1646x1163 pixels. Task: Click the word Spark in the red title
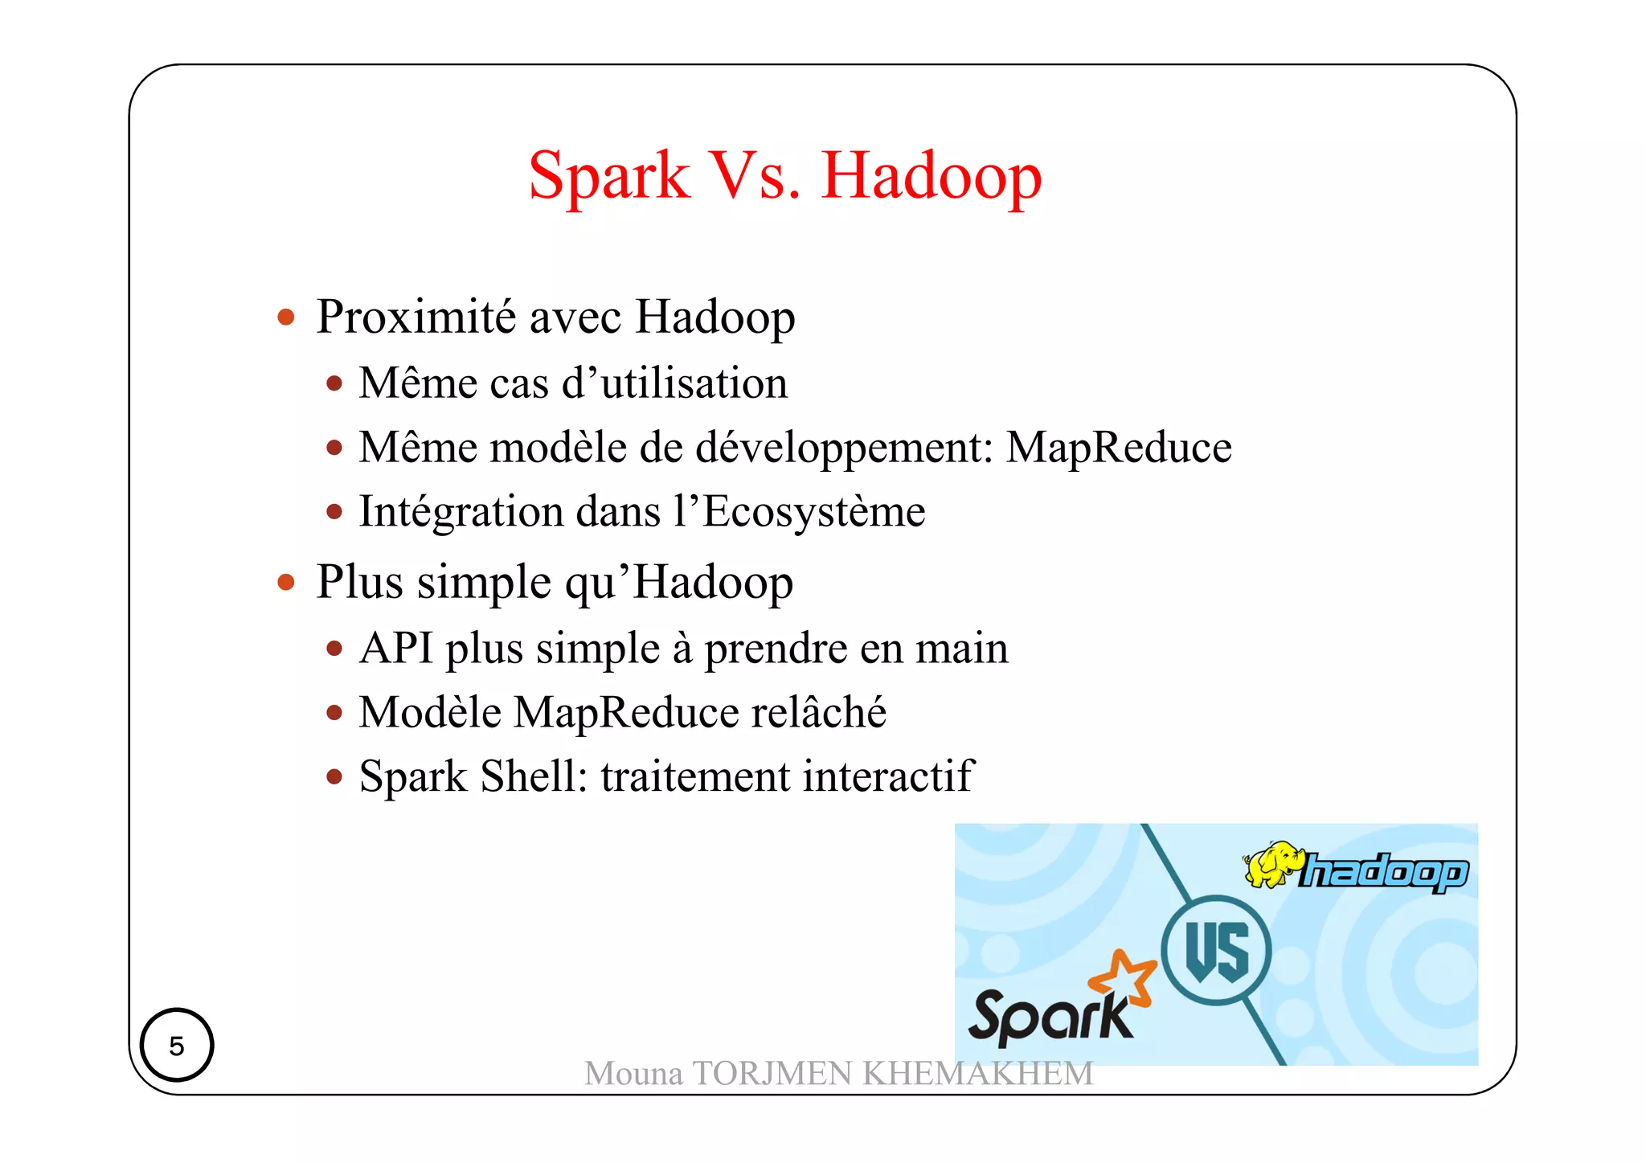pyautogui.click(x=608, y=176)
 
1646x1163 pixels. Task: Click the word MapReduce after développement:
pyautogui.click(x=1119, y=447)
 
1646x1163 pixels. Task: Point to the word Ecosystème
pyautogui.click(x=813, y=512)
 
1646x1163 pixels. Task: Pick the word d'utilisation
pyautogui.click(x=674, y=383)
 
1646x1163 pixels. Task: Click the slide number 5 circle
pyautogui.click(x=177, y=1045)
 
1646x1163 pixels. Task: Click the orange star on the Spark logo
pyautogui.click(x=1124, y=977)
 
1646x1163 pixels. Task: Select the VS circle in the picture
pyautogui.click(x=1217, y=950)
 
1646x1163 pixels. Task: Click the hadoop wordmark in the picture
pyautogui.click(x=1384, y=872)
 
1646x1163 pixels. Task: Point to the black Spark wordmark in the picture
pyautogui.click(x=1050, y=1018)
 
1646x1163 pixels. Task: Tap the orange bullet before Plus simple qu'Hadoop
pyautogui.click(x=285, y=582)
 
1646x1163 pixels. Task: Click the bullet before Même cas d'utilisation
pyautogui.click(x=334, y=383)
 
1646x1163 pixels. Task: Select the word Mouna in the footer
pyautogui.click(x=633, y=1074)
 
